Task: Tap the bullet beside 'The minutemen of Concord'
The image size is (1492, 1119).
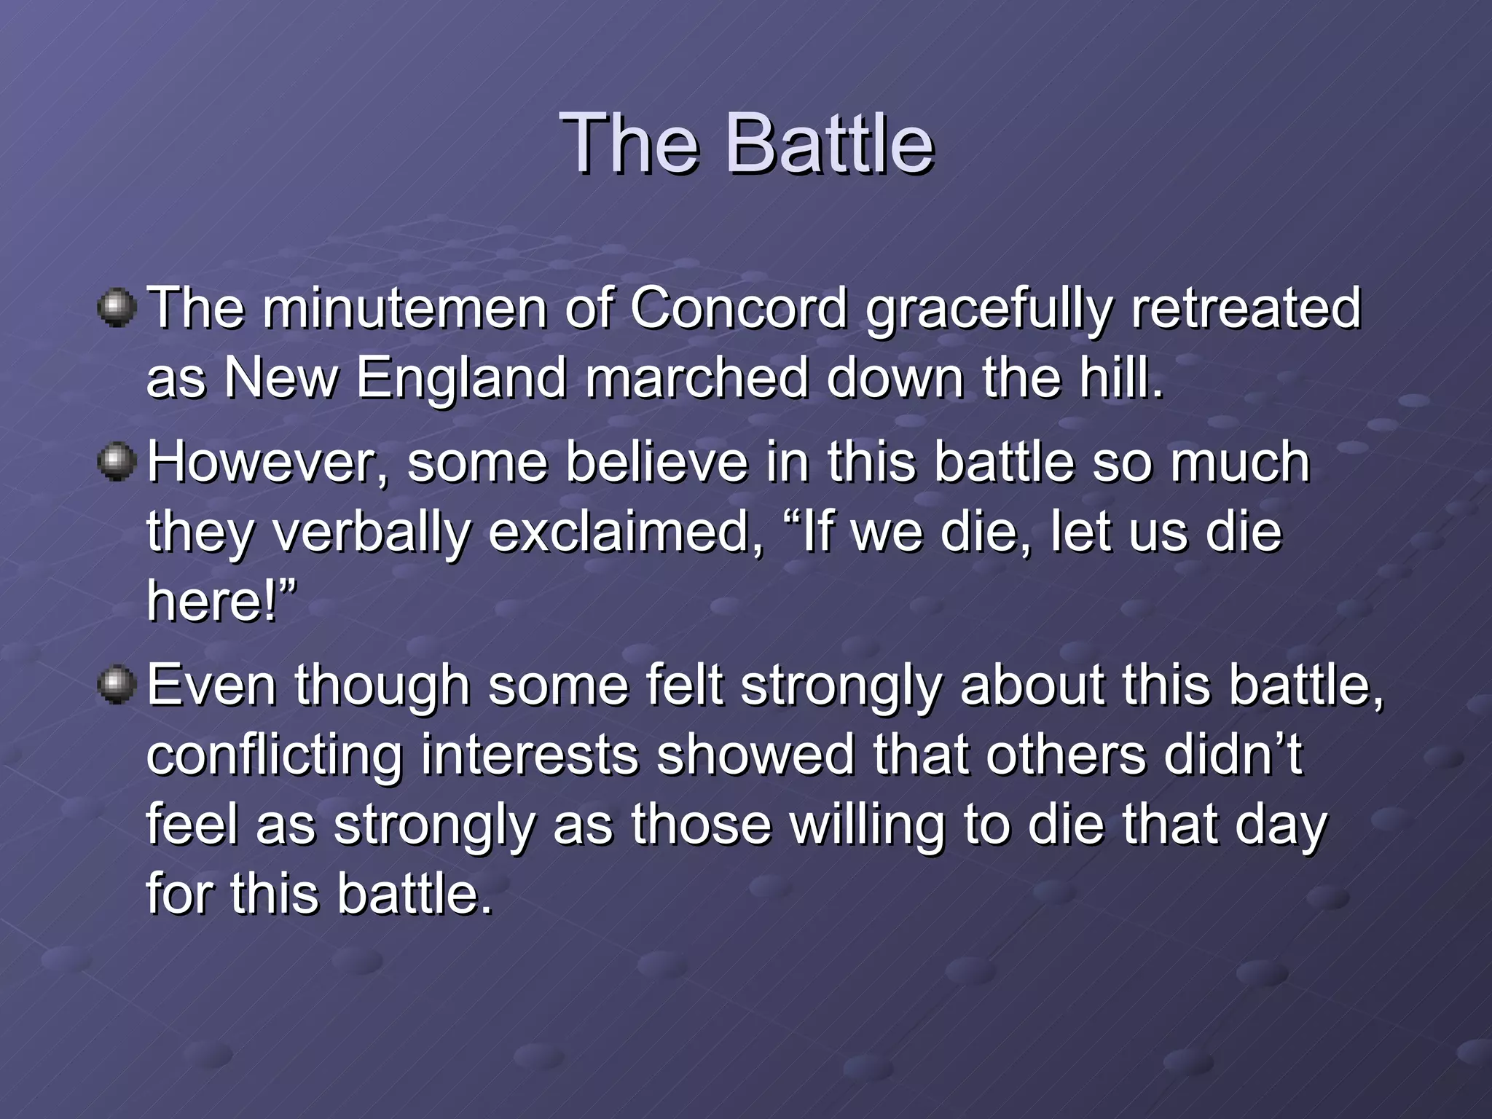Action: [x=117, y=308]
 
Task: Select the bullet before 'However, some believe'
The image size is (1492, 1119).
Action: [x=117, y=463]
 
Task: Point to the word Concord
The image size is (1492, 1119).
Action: [x=739, y=308]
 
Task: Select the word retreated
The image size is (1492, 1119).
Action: [x=1246, y=308]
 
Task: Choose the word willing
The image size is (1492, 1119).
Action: [x=867, y=827]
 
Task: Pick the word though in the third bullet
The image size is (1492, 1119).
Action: [x=382, y=688]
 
